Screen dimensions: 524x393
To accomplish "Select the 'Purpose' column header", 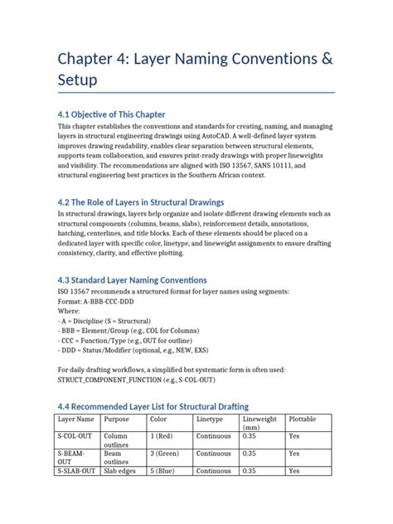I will (117, 420).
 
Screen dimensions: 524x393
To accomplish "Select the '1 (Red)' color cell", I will (163, 434).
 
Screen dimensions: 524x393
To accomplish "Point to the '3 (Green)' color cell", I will (166, 454).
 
